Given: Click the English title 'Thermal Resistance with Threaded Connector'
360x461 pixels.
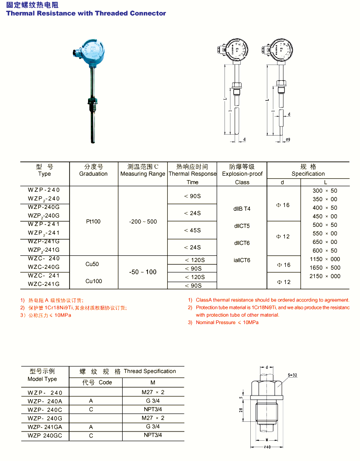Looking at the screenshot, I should point(86,13).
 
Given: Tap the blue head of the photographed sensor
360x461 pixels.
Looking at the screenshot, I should point(93,51).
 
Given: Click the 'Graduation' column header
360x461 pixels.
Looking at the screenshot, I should point(93,174).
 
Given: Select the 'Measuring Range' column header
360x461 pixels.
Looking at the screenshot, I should point(142,174).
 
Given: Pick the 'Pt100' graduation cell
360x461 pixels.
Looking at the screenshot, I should point(93,221).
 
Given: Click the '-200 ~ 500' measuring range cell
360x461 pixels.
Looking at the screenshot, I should point(143,221).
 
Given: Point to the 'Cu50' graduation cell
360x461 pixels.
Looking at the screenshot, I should point(92,264).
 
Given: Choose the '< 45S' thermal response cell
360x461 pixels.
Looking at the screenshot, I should point(192,230).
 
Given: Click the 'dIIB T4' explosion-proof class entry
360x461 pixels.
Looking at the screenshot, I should point(242,209).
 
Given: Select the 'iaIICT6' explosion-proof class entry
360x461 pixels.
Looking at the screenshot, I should point(242,260).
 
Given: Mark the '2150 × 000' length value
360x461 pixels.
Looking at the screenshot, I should point(325,276).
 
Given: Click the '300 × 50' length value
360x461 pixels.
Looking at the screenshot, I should point(325,190).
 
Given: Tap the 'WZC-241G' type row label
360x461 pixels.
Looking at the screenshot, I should point(44,284).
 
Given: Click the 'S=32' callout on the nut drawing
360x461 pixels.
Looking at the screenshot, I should point(292,375).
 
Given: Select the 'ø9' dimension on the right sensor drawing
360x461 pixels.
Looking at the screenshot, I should point(288,139).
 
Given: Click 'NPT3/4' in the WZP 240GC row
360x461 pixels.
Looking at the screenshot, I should point(153,435).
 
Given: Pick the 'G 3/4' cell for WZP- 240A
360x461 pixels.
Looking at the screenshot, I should point(153,401).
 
